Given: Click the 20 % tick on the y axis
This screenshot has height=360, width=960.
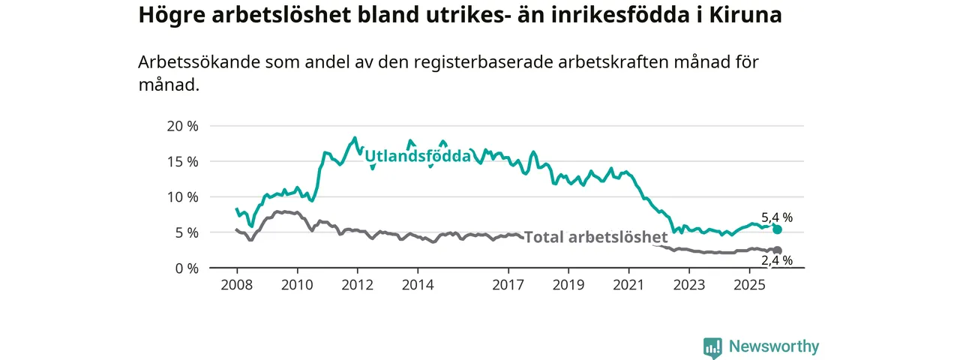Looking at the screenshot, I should tap(182, 126).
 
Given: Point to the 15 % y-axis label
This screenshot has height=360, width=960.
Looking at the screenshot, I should tap(182, 161).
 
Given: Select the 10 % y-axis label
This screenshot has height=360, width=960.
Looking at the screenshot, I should tap(182, 197).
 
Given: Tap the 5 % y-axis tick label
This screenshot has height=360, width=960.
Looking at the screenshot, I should tap(186, 232).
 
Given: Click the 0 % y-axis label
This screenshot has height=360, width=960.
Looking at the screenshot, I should tap(186, 268).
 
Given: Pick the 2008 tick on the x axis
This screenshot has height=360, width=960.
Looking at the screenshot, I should tap(236, 286).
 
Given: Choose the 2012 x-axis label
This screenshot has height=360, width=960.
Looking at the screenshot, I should tap(357, 286).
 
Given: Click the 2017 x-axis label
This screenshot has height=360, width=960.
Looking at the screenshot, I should tap(508, 286).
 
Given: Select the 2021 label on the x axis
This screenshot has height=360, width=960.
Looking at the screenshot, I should tap(628, 286).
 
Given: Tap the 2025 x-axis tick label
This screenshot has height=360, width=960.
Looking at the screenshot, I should tap(748, 286).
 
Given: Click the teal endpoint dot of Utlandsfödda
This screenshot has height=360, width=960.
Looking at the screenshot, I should tap(778, 229).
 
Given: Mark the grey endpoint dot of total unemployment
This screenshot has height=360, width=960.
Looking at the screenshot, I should tap(778, 250).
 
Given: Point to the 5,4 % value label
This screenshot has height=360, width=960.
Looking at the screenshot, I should tap(777, 217).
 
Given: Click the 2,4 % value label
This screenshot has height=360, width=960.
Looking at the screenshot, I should tap(777, 261).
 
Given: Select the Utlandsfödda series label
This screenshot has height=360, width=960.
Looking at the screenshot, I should tap(417, 156).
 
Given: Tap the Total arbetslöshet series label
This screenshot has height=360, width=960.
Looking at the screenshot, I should tap(595, 238).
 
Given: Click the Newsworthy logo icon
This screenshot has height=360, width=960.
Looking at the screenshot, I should tap(712, 347).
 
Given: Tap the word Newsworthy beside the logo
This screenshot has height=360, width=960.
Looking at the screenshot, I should tap(774, 347).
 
